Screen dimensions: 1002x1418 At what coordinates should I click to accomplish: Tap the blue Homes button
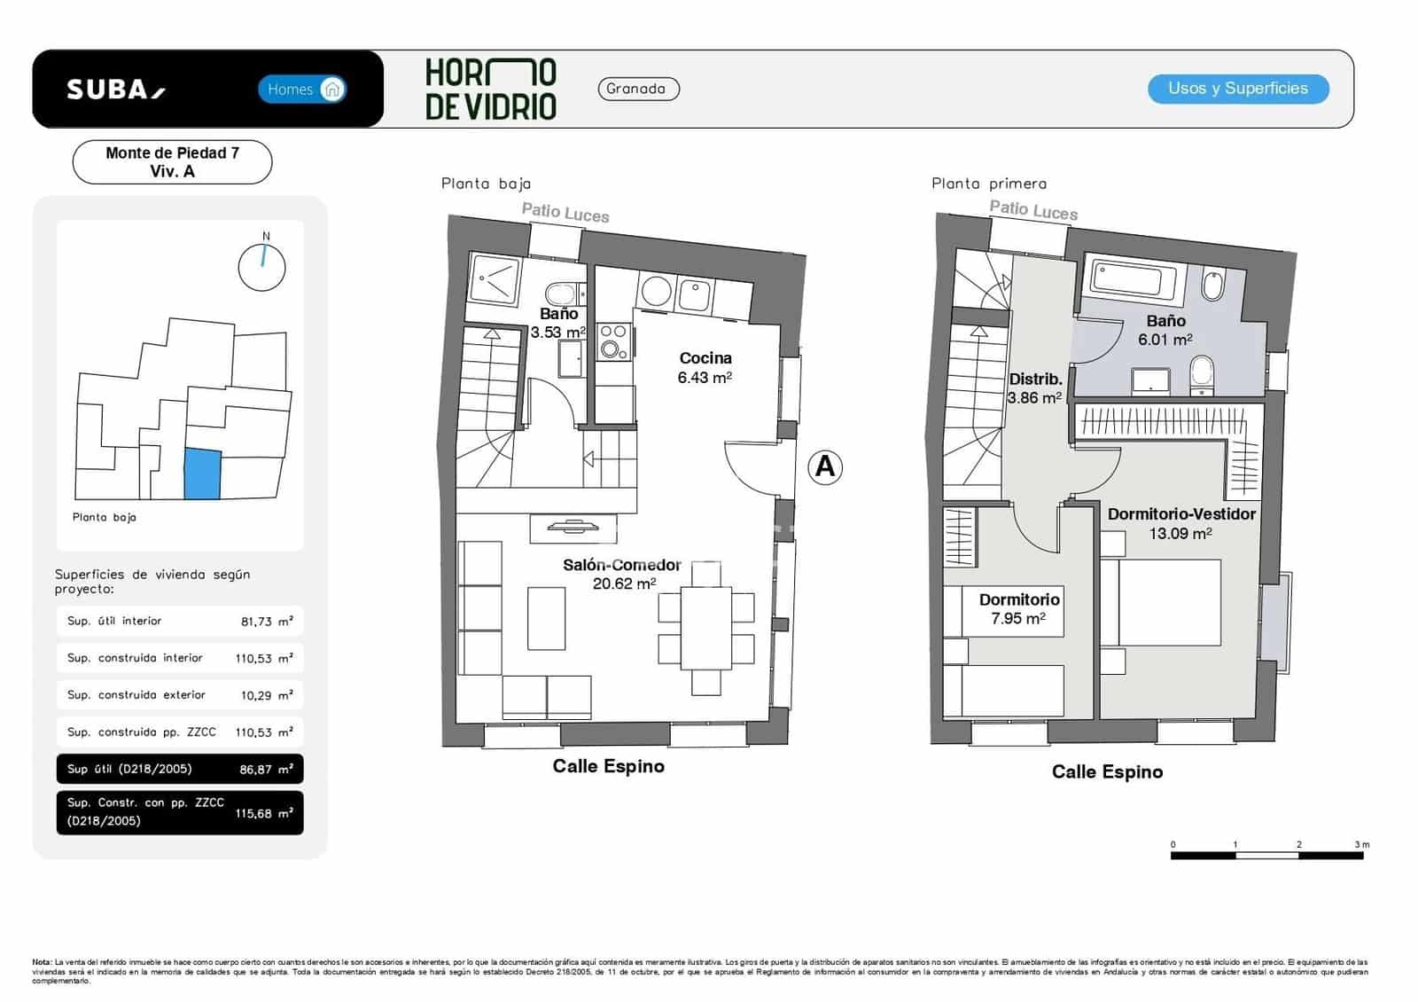(302, 89)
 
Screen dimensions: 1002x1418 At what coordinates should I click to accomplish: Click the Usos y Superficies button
(1237, 89)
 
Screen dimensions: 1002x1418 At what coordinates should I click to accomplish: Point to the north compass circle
(262, 267)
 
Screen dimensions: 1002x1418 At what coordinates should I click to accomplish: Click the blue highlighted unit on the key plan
(202, 474)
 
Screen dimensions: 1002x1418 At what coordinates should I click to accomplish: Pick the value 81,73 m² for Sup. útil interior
(266, 622)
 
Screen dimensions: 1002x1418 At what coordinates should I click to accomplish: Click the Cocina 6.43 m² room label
(705, 367)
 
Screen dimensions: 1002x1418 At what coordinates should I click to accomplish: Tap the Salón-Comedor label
(622, 566)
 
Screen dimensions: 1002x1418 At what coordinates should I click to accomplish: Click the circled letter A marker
(825, 466)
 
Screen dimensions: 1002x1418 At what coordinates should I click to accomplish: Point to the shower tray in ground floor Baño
(496, 279)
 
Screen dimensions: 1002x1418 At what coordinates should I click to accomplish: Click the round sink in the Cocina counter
(656, 291)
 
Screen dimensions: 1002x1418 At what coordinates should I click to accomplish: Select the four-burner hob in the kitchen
(613, 342)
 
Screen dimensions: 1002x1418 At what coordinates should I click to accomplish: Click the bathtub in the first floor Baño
(1126, 280)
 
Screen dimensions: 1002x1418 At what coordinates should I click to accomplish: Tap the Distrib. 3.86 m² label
(1034, 388)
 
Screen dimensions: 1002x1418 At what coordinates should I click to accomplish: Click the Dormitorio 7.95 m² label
(1018, 608)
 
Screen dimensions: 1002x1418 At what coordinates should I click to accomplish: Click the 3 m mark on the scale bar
(1362, 845)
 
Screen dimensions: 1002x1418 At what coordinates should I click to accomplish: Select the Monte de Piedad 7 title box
(172, 162)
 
